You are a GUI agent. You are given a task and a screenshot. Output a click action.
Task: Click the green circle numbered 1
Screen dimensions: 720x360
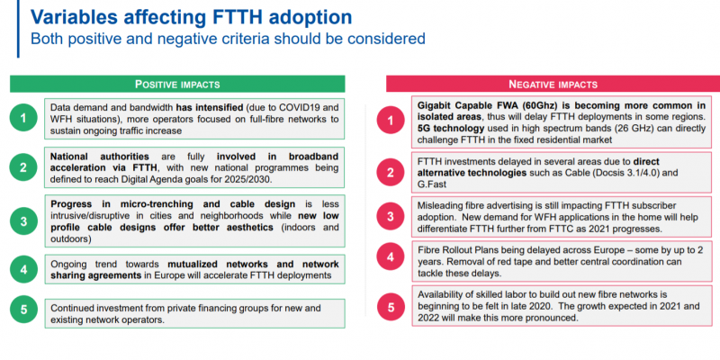[x=23, y=119]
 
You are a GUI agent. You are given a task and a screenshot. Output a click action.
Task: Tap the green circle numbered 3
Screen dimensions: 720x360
[x=23, y=221]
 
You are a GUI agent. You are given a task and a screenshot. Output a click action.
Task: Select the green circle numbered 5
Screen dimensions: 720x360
[x=23, y=309]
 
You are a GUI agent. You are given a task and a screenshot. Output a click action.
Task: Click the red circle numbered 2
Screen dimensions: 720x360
[x=391, y=173]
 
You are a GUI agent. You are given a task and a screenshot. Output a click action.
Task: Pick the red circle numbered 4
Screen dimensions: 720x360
[x=391, y=256]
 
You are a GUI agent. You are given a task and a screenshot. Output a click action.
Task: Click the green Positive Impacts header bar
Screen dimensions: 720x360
[x=177, y=84]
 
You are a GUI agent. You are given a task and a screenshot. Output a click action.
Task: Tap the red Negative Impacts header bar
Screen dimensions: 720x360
[x=553, y=84]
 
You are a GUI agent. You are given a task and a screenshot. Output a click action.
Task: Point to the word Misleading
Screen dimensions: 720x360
[x=439, y=206]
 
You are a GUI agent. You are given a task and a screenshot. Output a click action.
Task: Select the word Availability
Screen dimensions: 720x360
[x=439, y=294]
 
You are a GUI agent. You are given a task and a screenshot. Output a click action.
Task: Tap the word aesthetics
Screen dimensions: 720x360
[x=249, y=228]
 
